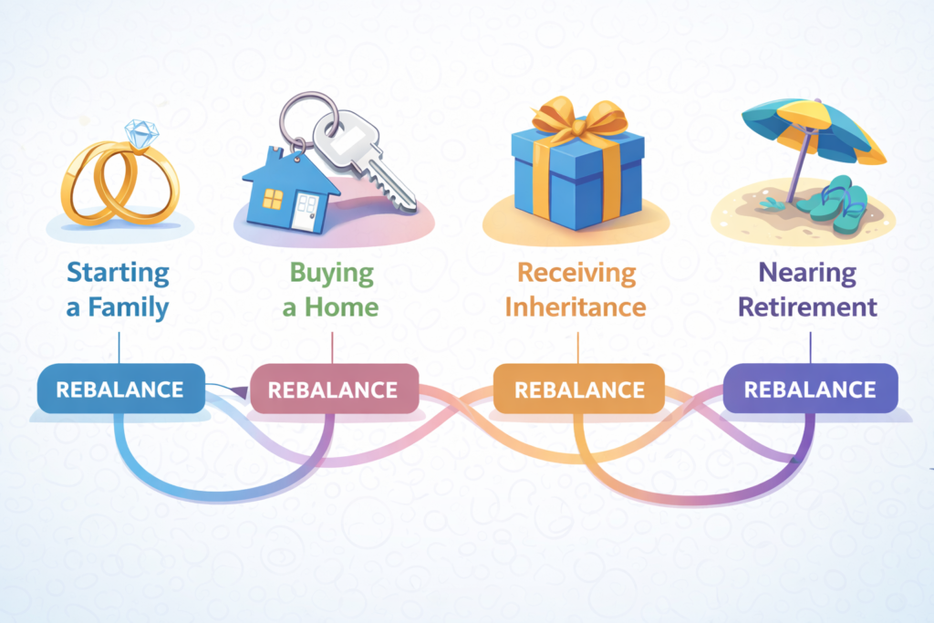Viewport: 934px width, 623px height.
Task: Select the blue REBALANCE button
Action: (119, 389)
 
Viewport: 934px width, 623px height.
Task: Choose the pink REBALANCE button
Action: (334, 390)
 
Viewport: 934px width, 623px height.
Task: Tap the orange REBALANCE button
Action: (579, 390)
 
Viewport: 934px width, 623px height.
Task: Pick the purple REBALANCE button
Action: (810, 389)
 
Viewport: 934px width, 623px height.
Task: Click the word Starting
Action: (119, 273)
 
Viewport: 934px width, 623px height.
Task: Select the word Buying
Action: (332, 273)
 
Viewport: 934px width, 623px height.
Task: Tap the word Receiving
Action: (576, 273)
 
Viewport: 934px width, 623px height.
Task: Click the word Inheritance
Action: (576, 306)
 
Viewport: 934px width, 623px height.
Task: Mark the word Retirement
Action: (808, 306)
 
